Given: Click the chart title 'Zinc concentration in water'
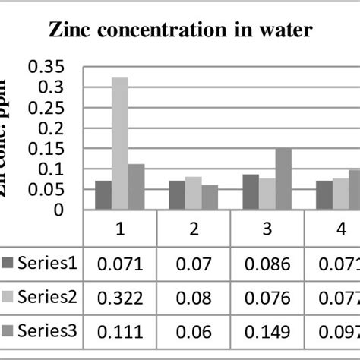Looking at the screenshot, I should point(180,31).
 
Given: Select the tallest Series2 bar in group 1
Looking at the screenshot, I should point(120,144).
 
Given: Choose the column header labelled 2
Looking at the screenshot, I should point(194,228).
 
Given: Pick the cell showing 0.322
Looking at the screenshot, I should point(120,297).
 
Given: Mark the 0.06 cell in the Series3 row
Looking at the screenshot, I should point(194,330).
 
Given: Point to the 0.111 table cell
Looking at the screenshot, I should point(120,330).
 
